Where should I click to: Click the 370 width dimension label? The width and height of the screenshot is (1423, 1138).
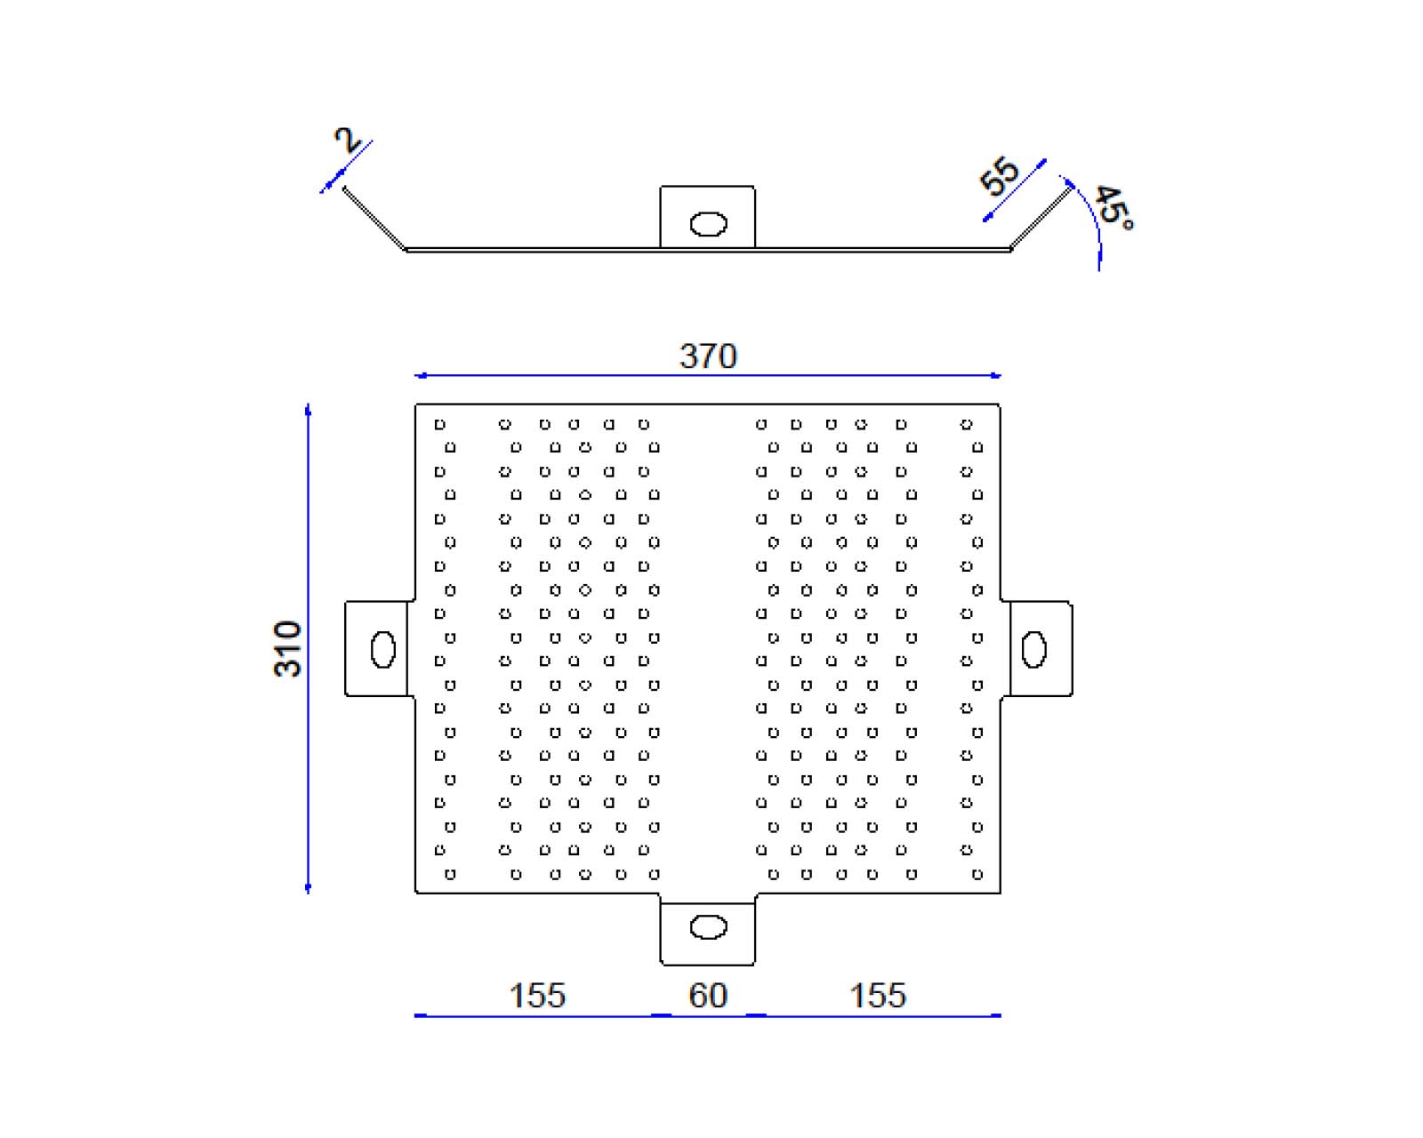708,356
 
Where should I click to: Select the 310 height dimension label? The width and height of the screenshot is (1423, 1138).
287,649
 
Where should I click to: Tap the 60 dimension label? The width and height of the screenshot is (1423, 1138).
708,995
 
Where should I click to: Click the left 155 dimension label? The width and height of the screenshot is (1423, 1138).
537,995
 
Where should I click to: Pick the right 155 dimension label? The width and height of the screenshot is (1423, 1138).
878,995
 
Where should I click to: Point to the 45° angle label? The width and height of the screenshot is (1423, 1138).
1113,208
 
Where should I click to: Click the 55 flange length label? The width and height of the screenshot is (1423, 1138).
1000,176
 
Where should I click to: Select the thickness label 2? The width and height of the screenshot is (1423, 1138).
347,140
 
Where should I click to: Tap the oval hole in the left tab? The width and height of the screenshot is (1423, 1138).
382,649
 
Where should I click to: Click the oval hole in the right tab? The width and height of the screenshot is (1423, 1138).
1034,649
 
